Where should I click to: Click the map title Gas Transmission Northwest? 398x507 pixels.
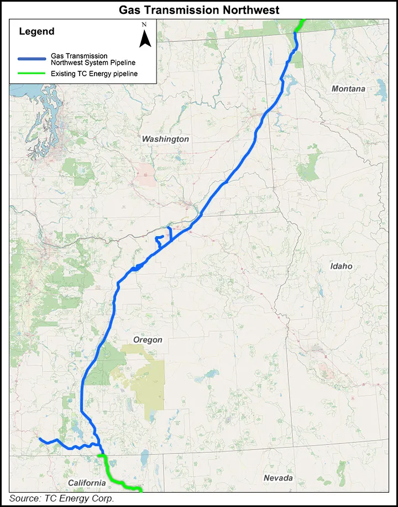pos(199,9)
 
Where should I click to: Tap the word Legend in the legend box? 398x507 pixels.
pos(36,32)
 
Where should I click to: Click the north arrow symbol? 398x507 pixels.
pos(144,39)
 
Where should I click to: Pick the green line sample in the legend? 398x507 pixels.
pos(32,74)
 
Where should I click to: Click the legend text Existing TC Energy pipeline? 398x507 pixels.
pos(94,74)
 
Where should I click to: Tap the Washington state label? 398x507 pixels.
pos(165,139)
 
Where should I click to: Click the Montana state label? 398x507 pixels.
pos(348,89)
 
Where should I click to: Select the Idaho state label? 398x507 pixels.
pos(341,266)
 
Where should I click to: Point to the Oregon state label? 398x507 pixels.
pos(148,340)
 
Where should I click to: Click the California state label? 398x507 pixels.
pos(87,483)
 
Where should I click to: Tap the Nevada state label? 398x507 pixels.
pos(278,478)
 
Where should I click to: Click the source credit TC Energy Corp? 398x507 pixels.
pos(61,499)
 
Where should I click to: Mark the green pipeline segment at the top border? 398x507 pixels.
pos(300,25)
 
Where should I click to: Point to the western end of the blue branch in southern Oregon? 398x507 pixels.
pos(40,439)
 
